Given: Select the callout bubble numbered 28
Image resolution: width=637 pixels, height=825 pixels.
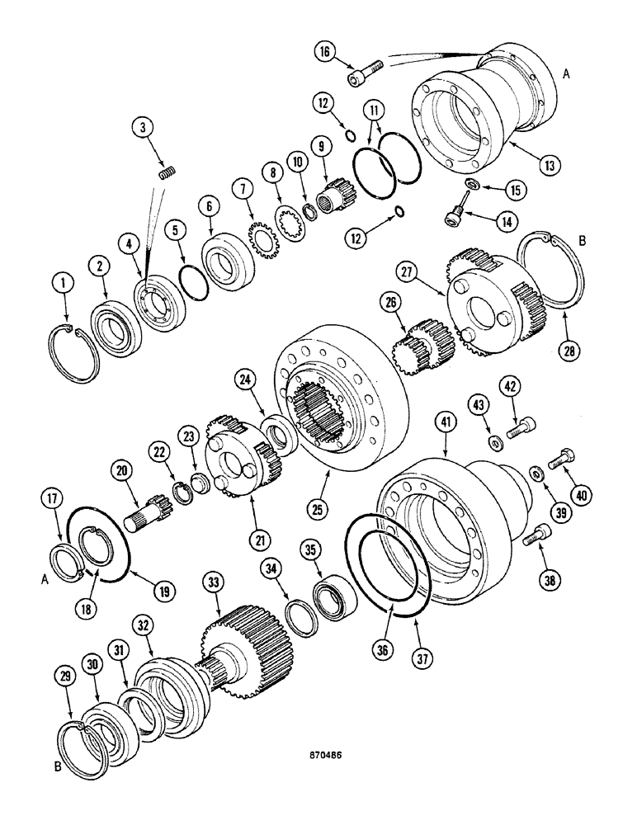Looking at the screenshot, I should [568, 350].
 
